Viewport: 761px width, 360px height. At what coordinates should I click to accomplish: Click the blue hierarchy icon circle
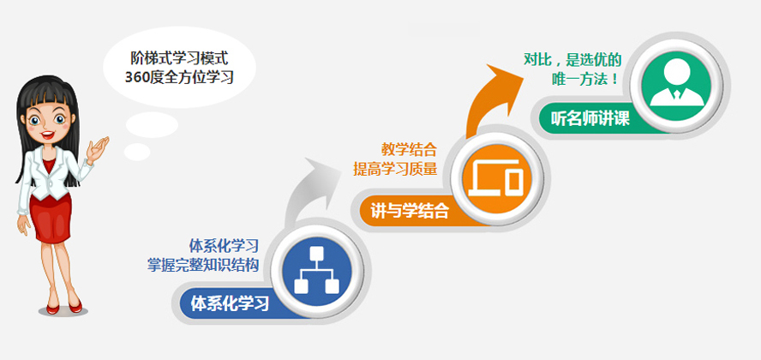[317, 271]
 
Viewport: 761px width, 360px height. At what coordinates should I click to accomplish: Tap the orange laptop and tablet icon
[496, 177]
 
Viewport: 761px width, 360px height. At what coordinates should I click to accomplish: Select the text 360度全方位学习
[179, 77]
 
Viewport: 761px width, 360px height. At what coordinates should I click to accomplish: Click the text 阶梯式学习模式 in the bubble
[179, 58]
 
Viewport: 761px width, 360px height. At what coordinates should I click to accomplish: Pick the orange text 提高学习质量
[395, 169]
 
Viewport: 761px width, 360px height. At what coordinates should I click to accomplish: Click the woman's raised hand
[97, 148]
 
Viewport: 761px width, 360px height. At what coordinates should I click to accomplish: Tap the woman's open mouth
[46, 135]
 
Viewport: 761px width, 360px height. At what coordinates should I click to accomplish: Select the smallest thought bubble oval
[137, 152]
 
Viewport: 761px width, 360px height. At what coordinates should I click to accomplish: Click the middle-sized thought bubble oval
[152, 124]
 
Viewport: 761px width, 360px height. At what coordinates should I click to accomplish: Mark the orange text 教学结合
[409, 148]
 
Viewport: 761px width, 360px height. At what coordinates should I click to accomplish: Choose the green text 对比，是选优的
[572, 59]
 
